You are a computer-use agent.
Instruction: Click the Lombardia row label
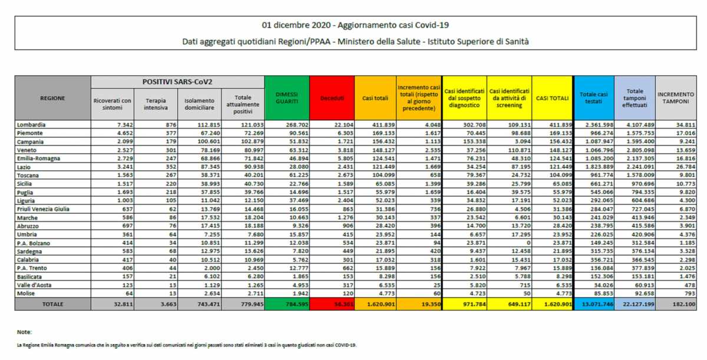[32, 125]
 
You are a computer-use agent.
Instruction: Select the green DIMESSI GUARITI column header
[287, 98]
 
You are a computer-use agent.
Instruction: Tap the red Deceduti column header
[332, 98]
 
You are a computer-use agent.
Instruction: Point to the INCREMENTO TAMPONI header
[676, 98]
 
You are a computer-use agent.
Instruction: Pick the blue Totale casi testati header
[594, 98]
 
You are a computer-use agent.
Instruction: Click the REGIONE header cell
[53, 98]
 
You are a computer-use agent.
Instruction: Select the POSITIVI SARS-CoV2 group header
[177, 81]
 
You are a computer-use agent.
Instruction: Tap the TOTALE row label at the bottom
[53, 304]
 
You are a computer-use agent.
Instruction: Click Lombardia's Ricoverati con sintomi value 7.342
[111, 125]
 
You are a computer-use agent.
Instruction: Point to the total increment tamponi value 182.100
[679, 304]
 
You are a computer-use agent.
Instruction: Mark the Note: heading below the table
[24, 332]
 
